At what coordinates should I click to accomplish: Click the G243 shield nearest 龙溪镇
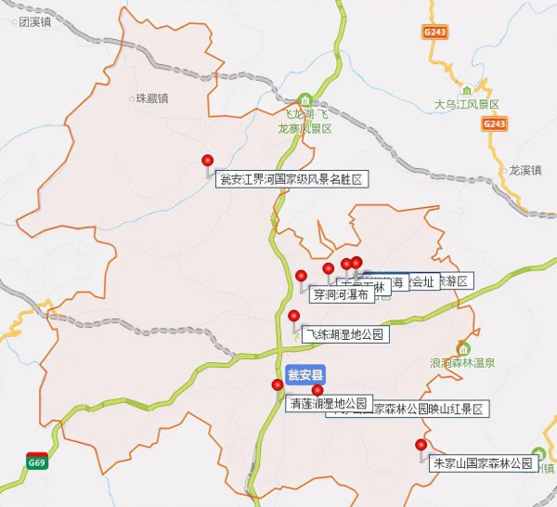click(494, 123)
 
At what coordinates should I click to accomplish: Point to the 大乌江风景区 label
click(467, 104)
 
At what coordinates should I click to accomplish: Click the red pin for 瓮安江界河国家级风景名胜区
click(207, 161)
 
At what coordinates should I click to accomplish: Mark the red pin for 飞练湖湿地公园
click(294, 316)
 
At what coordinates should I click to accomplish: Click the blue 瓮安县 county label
click(305, 376)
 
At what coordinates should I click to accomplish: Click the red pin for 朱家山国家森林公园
click(421, 445)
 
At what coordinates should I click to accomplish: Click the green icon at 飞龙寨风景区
click(305, 99)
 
